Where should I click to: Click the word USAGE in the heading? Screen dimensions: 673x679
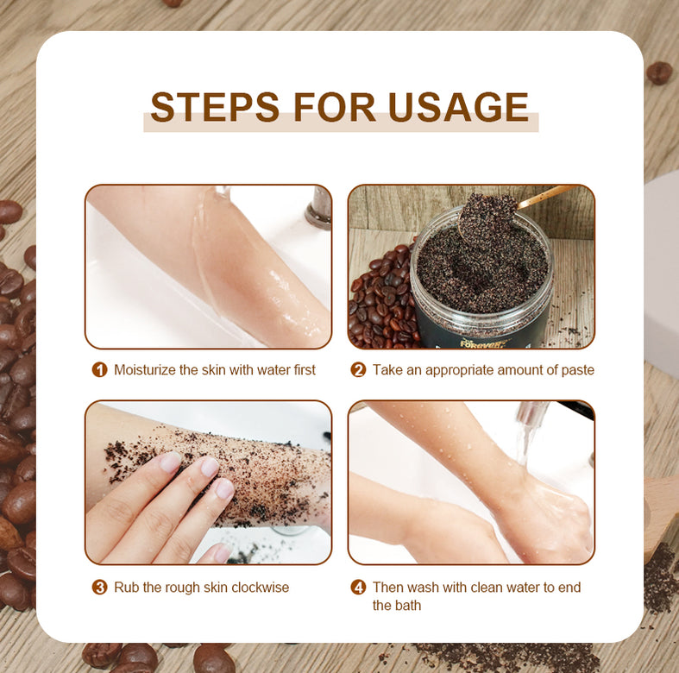458,107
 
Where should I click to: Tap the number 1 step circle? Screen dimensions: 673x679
100,370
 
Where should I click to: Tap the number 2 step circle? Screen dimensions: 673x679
358,370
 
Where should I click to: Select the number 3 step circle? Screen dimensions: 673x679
100,588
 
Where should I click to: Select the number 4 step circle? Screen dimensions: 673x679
358,588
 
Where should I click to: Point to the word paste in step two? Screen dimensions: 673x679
575,370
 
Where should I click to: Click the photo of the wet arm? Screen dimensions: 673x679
207,266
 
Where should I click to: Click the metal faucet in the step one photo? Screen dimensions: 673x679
318,207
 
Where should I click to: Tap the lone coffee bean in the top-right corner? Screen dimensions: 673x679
659,72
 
